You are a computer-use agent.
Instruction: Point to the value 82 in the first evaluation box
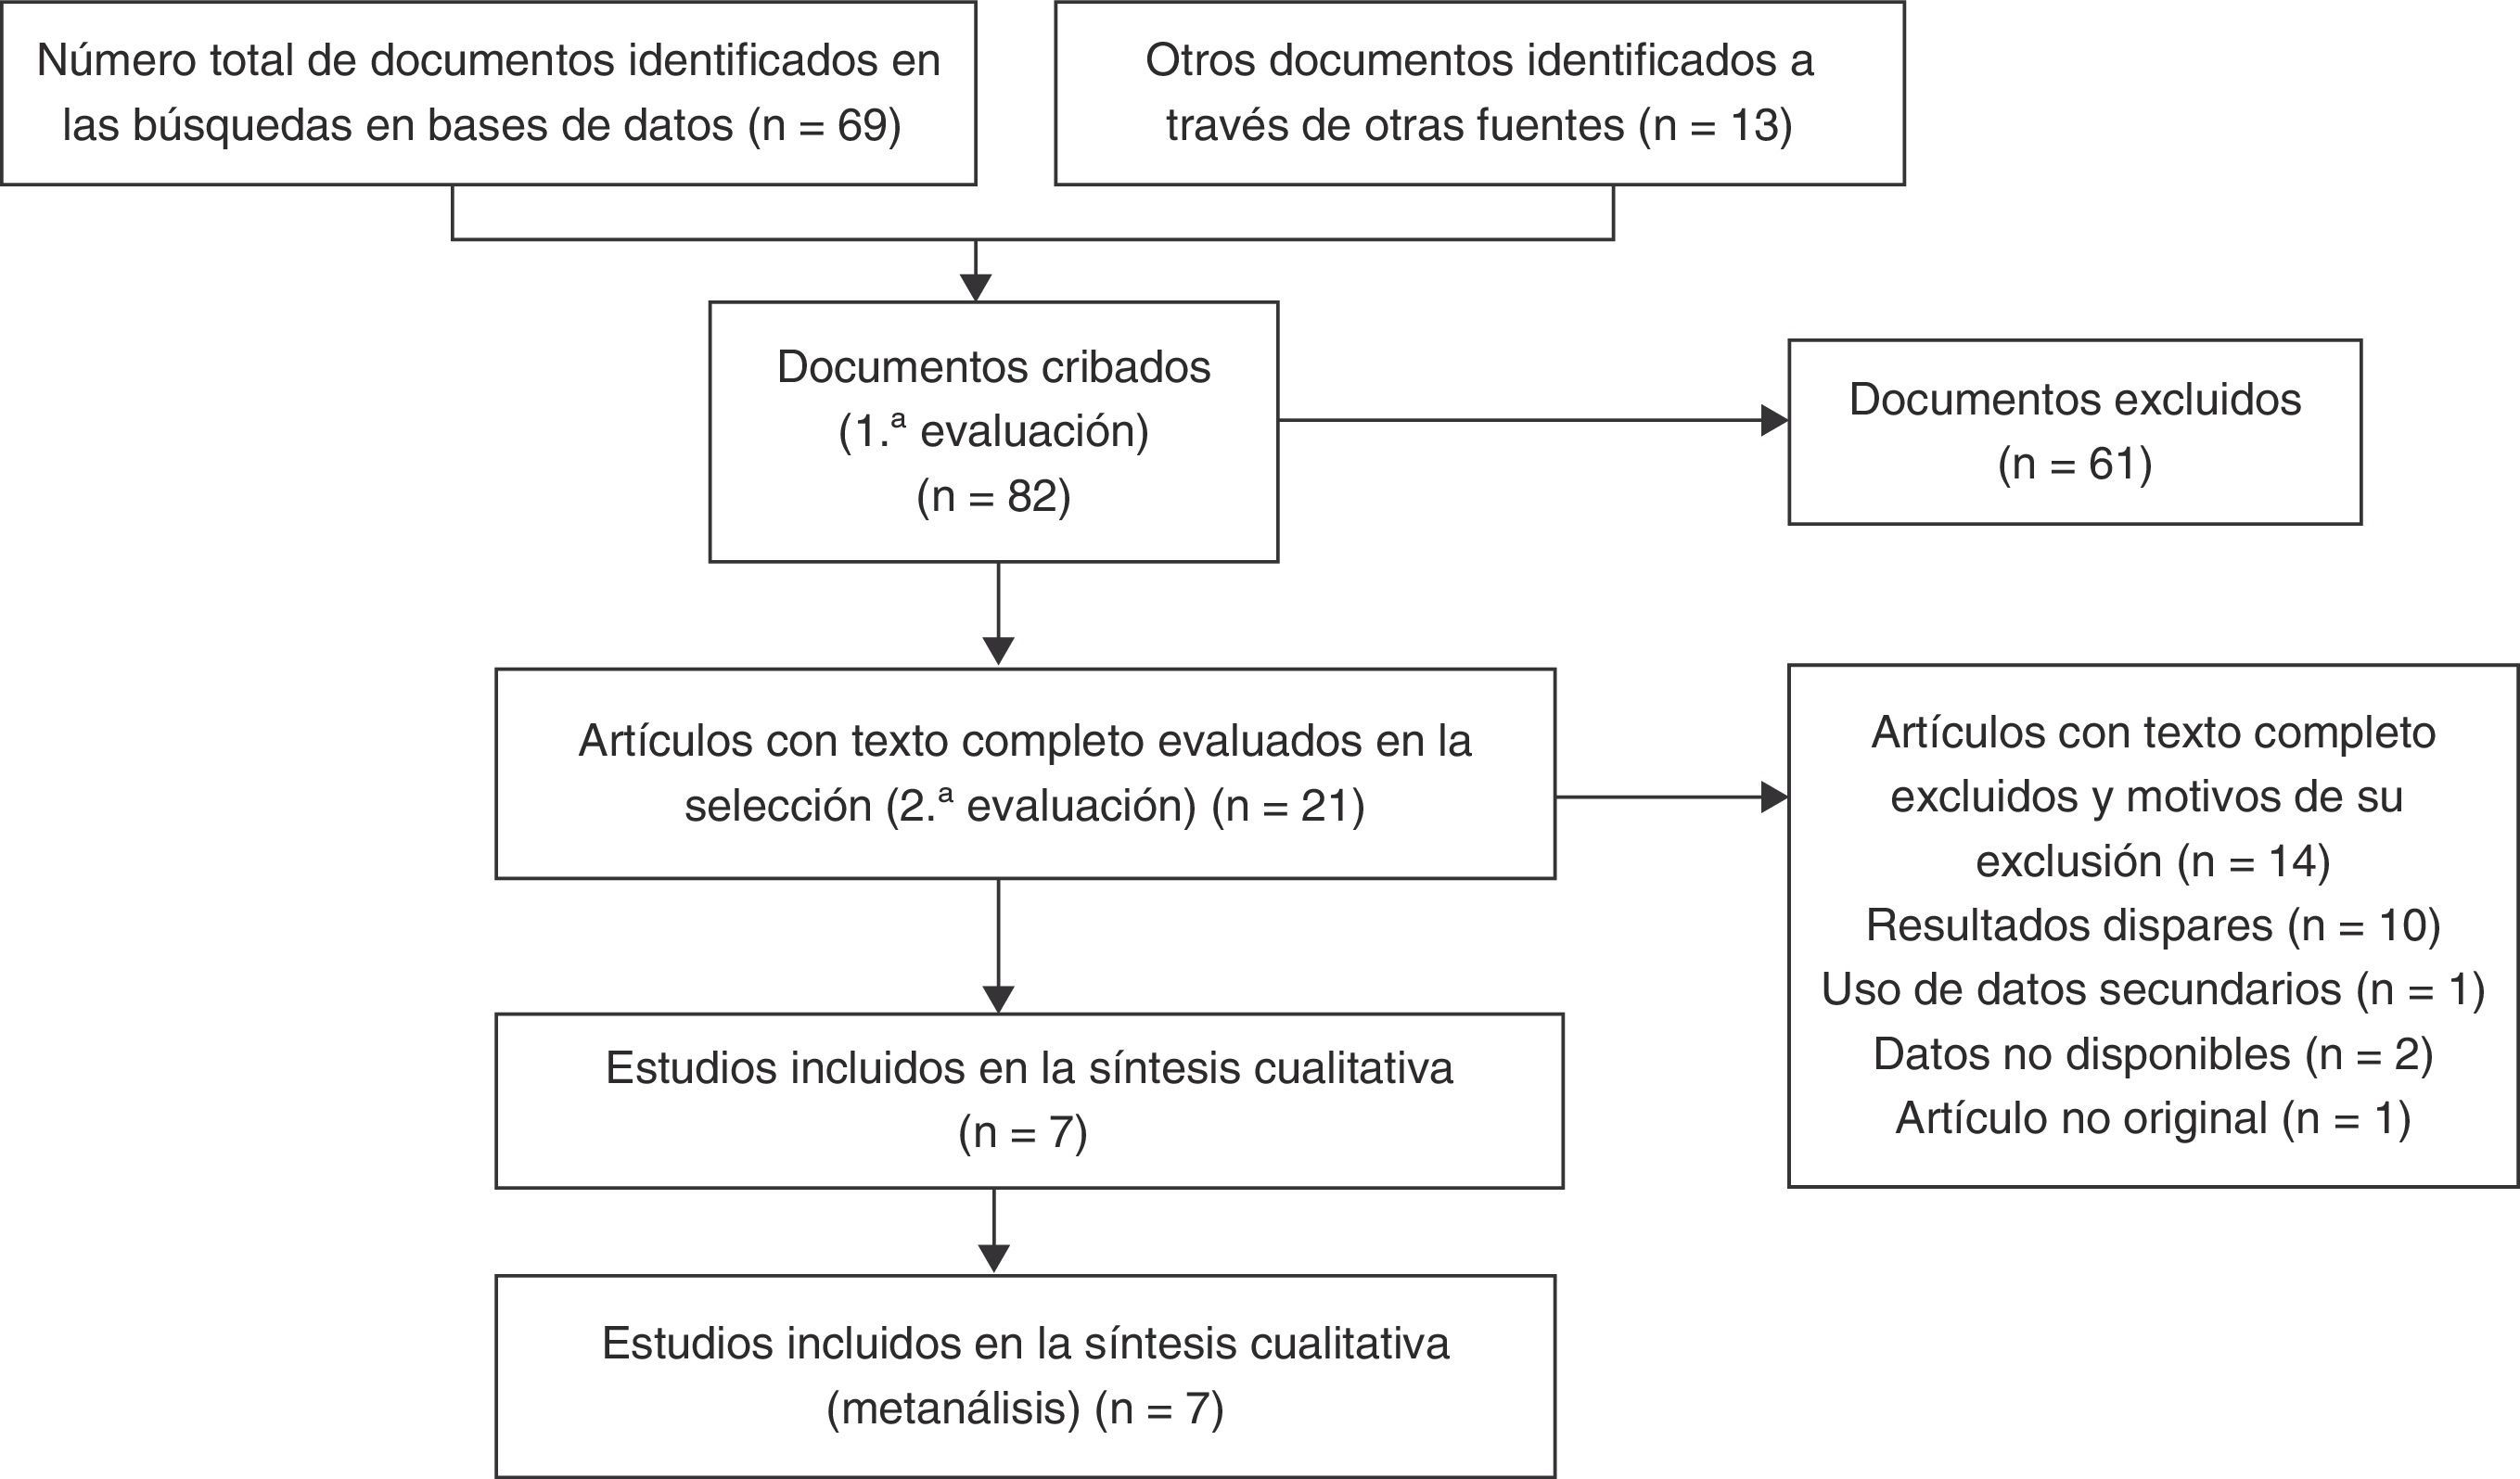pyautogui.click(x=1032, y=497)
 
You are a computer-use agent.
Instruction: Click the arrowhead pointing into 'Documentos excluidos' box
pyautogui.click(x=1774, y=421)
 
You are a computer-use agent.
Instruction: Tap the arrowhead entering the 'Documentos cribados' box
pyautogui.click(x=975, y=287)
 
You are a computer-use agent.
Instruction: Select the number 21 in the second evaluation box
pyautogui.click(x=1326, y=806)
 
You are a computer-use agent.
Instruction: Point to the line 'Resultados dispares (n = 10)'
pyautogui.click(x=2153, y=926)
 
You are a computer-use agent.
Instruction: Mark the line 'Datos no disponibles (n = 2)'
pyautogui.click(x=2153, y=1055)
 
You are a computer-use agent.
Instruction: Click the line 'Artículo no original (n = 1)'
pyautogui.click(x=2153, y=1119)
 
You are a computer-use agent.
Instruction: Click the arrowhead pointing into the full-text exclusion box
pyautogui.click(x=1774, y=798)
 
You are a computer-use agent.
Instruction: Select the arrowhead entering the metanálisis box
pyautogui.click(x=994, y=1259)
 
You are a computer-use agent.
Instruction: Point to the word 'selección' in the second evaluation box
pyautogui.click(x=778, y=806)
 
